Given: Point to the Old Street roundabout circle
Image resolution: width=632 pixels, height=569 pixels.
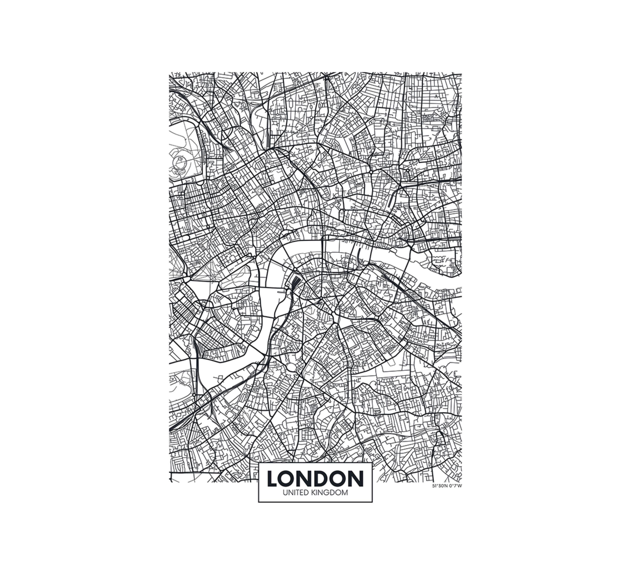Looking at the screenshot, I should tap(371, 172).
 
